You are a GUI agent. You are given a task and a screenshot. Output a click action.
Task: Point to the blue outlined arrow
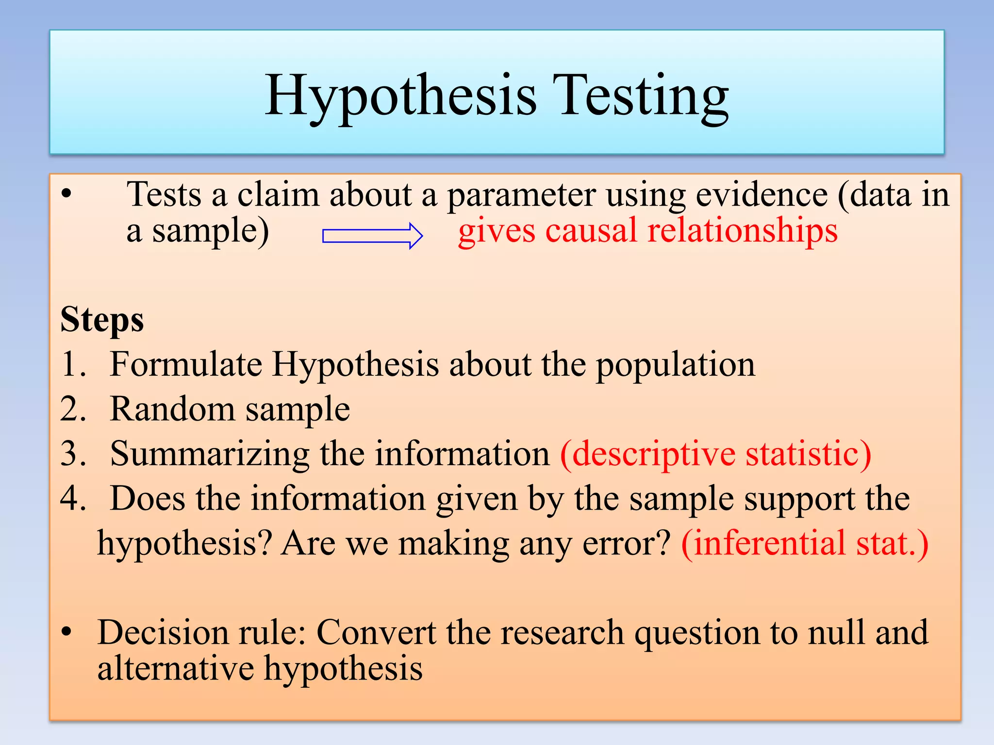tap(372, 236)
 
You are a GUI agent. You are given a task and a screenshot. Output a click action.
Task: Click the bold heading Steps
tap(102, 320)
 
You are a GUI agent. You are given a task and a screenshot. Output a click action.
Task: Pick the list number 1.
tap(73, 364)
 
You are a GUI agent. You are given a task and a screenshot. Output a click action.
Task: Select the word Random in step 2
tap(172, 409)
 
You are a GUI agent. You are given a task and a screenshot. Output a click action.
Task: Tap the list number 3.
tap(73, 454)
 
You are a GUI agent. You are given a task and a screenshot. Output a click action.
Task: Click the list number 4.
tap(73, 499)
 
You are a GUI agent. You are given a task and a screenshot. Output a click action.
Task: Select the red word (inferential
tap(764, 543)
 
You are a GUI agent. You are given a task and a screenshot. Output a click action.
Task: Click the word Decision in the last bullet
tap(163, 632)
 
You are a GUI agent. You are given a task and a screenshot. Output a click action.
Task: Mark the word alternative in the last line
tap(175, 668)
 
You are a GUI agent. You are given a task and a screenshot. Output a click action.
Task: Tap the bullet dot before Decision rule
tap(66, 632)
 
